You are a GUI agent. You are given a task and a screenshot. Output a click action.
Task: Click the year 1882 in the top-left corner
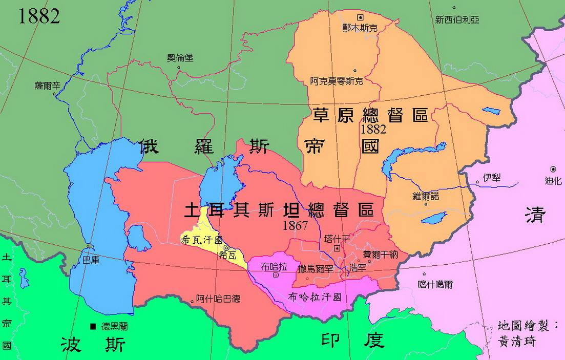(39, 16)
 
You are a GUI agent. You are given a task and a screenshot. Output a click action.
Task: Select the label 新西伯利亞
(457, 20)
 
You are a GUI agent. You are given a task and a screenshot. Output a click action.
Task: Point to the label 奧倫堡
(180, 58)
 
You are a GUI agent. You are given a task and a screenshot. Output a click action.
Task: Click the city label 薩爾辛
(48, 86)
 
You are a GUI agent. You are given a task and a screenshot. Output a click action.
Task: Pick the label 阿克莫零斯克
(336, 81)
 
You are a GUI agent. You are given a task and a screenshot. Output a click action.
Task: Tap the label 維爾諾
(425, 196)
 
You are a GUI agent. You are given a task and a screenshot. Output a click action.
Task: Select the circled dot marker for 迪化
(553, 170)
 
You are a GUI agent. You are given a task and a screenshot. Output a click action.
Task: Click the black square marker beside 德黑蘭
(93, 326)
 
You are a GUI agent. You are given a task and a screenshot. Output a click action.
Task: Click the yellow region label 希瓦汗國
(202, 239)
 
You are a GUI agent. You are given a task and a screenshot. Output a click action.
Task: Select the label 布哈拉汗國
(314, 297)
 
